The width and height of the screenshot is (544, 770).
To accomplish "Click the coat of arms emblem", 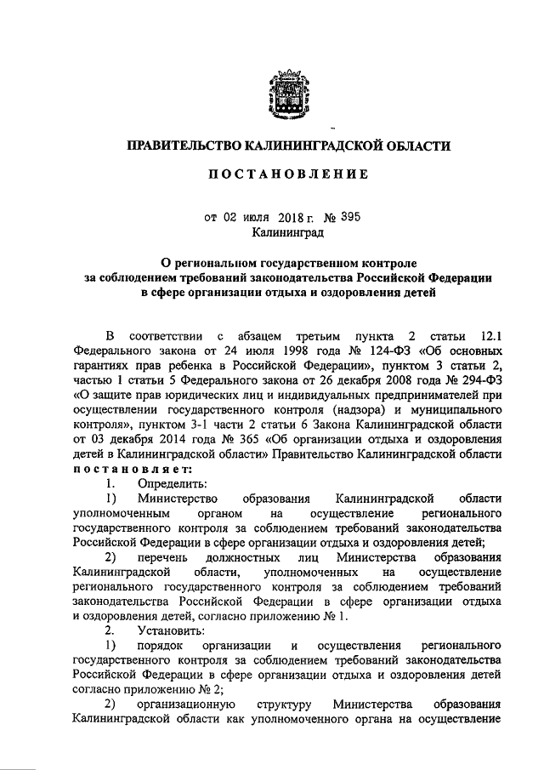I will coord(281,93).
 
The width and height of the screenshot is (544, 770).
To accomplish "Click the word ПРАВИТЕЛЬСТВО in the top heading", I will coord(181,146).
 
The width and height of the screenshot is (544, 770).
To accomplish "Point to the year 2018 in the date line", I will coord(288,217).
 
